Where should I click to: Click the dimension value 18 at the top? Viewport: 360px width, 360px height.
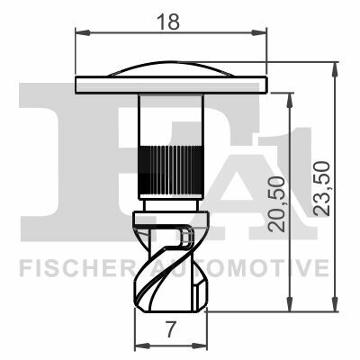pyautogui.click(x=168, y=22)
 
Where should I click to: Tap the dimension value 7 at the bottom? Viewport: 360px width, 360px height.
pyautogui.click(x=171, y=329)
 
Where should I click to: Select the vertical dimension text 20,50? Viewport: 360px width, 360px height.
pyautogui.click(x=276, y=204)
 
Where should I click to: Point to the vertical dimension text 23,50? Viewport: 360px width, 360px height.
pyautogui.click(x=321, y=188)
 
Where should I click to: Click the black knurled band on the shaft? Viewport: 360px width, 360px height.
pyautogui.click(x=171, y=171)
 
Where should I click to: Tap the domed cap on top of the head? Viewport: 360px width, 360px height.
pyautogui.click(x=171, y=69)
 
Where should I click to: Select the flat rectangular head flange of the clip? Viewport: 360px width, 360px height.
pyautogui.click(x=171, y=85)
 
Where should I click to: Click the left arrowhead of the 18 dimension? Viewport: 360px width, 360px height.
pyautogui.click(x=83, y=32)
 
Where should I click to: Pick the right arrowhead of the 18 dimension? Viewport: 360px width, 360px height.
pyautogui.click(x=258, y=32)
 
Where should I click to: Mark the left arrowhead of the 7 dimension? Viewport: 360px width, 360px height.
pyautogui.click(x=142, y=346)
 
